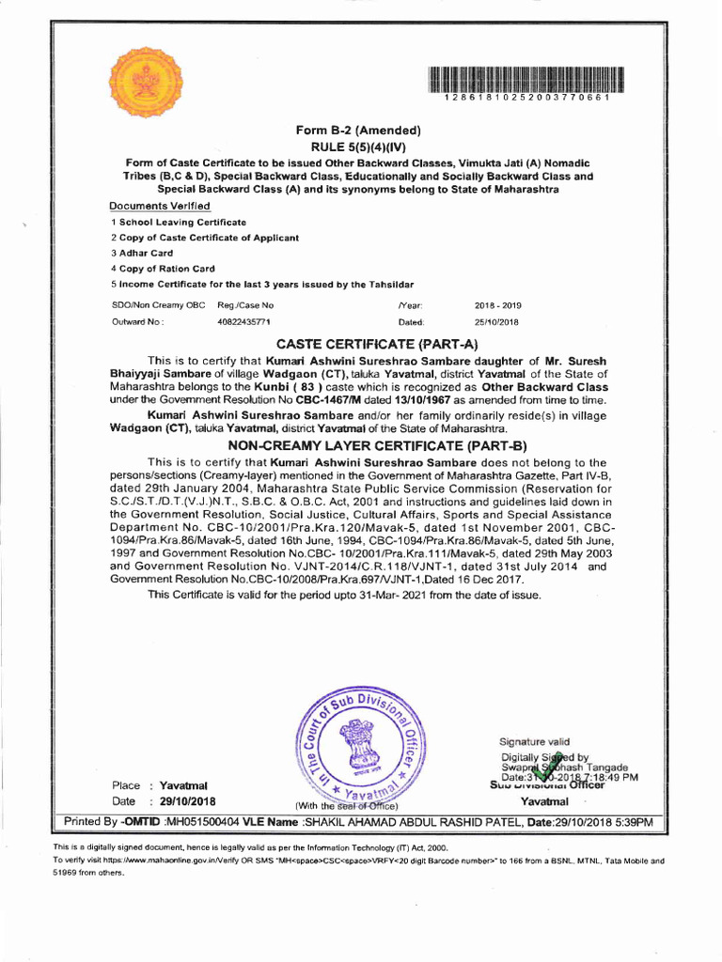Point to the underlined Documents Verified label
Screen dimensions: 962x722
(x=160, y=206)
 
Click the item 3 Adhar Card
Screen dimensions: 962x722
(x=142, y=253)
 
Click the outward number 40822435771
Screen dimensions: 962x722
(x=243, y=321)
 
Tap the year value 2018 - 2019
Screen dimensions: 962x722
(x=498, y=305)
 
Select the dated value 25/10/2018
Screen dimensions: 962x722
(x=497, y=321)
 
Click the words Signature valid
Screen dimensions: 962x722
(x=534, y=741)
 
